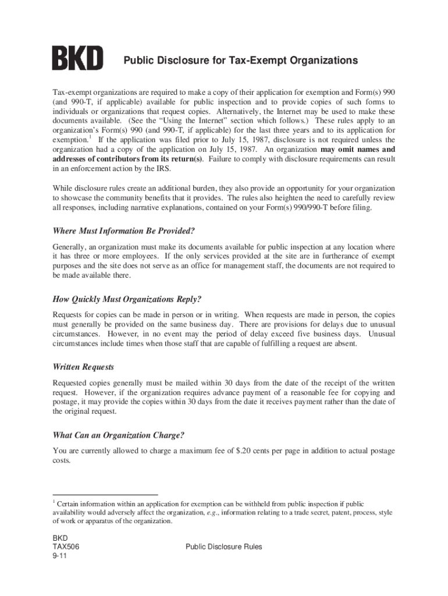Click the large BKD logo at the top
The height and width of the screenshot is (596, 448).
point(77,59)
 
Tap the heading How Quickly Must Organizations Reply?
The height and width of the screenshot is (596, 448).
point(127,299)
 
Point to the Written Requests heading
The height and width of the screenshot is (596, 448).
point(83,367)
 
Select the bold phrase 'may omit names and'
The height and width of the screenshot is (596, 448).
point(357,149)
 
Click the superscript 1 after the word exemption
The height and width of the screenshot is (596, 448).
point(90,138)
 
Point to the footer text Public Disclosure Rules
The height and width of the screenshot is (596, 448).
point(223,547)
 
